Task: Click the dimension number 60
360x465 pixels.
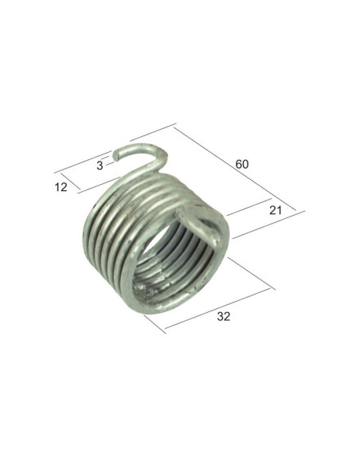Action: click(242, 164)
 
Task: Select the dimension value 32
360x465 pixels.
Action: click(223, 316)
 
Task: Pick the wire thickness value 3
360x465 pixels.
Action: click(99, 166)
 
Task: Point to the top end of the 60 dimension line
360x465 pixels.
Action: click(174, 126)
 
